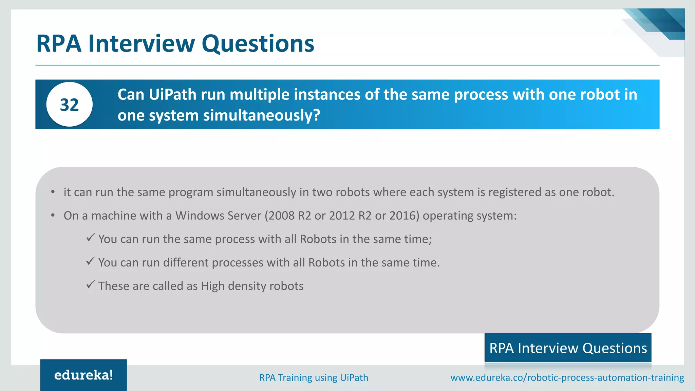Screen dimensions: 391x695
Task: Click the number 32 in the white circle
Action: pos(69,105)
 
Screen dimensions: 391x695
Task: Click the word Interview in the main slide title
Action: pos(142,43)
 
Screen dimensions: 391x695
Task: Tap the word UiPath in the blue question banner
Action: pos(172,94)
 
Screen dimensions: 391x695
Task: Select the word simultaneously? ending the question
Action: pos(262,115)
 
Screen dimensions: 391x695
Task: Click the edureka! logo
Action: pos(83,375)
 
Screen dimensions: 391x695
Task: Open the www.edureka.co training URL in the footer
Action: pos(567,377)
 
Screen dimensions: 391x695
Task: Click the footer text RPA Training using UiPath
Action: pos(314,377)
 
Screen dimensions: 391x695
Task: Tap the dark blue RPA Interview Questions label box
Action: pos(568,348)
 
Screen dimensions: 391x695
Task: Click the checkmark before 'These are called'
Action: pos(90,284)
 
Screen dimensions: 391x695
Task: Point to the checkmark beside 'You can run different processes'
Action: pos(90,261)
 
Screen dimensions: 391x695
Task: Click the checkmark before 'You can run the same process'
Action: pos(90,238)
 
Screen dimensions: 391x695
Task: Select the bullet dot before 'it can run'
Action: pos(53,192)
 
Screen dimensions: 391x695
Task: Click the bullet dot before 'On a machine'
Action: pos(53,216)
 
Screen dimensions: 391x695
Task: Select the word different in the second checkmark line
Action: pos(186,262)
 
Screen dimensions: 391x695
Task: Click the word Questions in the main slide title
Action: pos(258,43)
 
